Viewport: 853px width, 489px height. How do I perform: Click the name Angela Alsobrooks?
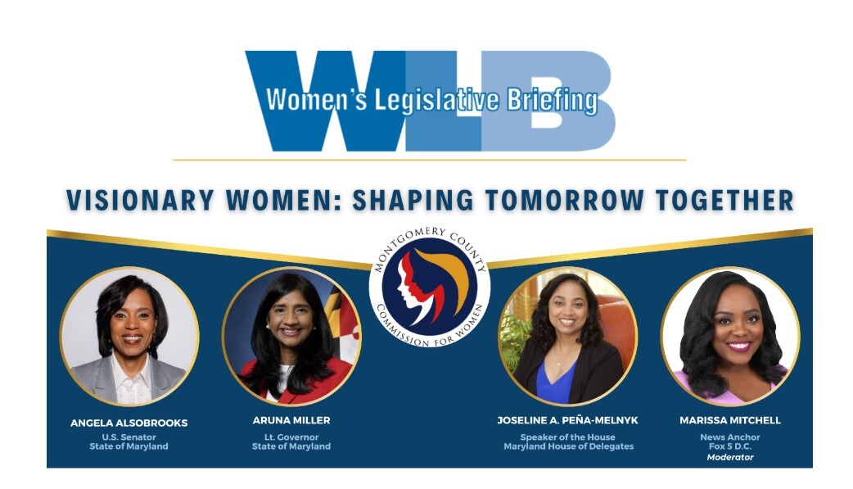[x=129, y=423]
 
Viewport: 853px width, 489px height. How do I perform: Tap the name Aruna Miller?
[x=291, y=420]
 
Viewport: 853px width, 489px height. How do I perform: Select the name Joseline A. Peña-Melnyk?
[x=567, y=420]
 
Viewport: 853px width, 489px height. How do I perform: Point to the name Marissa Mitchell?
[x=730, y=420]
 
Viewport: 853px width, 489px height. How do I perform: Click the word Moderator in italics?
[x=730, y=457]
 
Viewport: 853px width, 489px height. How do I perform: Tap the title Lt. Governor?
[x=291, y=437]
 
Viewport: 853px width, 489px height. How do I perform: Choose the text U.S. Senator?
[x=129, y=437]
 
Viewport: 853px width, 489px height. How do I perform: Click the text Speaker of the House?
[x=567, y=437]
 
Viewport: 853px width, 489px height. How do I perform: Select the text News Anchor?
[x=730, y=437]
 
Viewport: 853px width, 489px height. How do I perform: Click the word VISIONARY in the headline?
[x=140, y=200]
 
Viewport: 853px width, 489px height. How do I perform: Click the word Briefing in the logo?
[x=553, y=100]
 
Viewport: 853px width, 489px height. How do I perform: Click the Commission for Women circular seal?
[x=430, y=287]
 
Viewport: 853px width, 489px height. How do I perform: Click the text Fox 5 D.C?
[x=730, y=446]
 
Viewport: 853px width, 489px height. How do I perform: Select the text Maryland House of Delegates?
[x=568, y=446]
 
